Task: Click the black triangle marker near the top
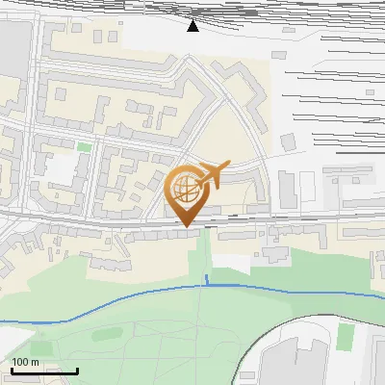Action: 192,25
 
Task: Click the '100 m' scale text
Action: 25,362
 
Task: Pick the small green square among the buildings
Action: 85,147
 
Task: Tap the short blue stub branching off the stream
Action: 207,280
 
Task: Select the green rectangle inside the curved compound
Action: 345,336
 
